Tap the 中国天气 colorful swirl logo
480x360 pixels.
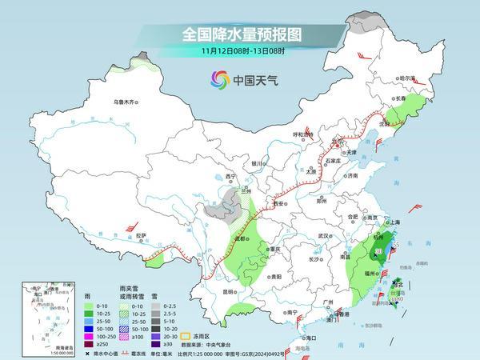point(219,80)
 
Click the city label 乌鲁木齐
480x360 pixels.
point(126,102)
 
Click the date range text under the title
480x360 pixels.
point(239,50)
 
